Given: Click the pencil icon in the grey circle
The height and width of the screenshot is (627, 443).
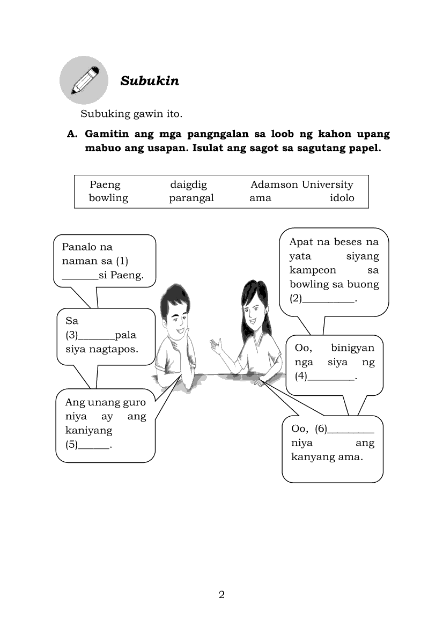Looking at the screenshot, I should pos(85,80).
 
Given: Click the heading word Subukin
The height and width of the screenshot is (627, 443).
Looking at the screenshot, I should pos(150,81).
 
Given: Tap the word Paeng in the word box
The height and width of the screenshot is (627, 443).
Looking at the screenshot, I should pos(105,185).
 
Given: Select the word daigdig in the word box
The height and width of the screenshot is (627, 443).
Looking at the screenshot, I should pos(188,185).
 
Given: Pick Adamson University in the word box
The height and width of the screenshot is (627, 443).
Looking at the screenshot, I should pos(302,185).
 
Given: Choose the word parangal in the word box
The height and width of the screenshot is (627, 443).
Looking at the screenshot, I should pos(191,198).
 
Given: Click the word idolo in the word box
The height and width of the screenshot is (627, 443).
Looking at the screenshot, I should pos(342,198).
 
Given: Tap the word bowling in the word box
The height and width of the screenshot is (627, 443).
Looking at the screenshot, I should pos(108,198).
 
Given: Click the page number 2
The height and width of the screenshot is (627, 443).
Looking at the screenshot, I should pos(222,594).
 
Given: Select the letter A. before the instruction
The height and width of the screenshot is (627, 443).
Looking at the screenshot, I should pos(72,134).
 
